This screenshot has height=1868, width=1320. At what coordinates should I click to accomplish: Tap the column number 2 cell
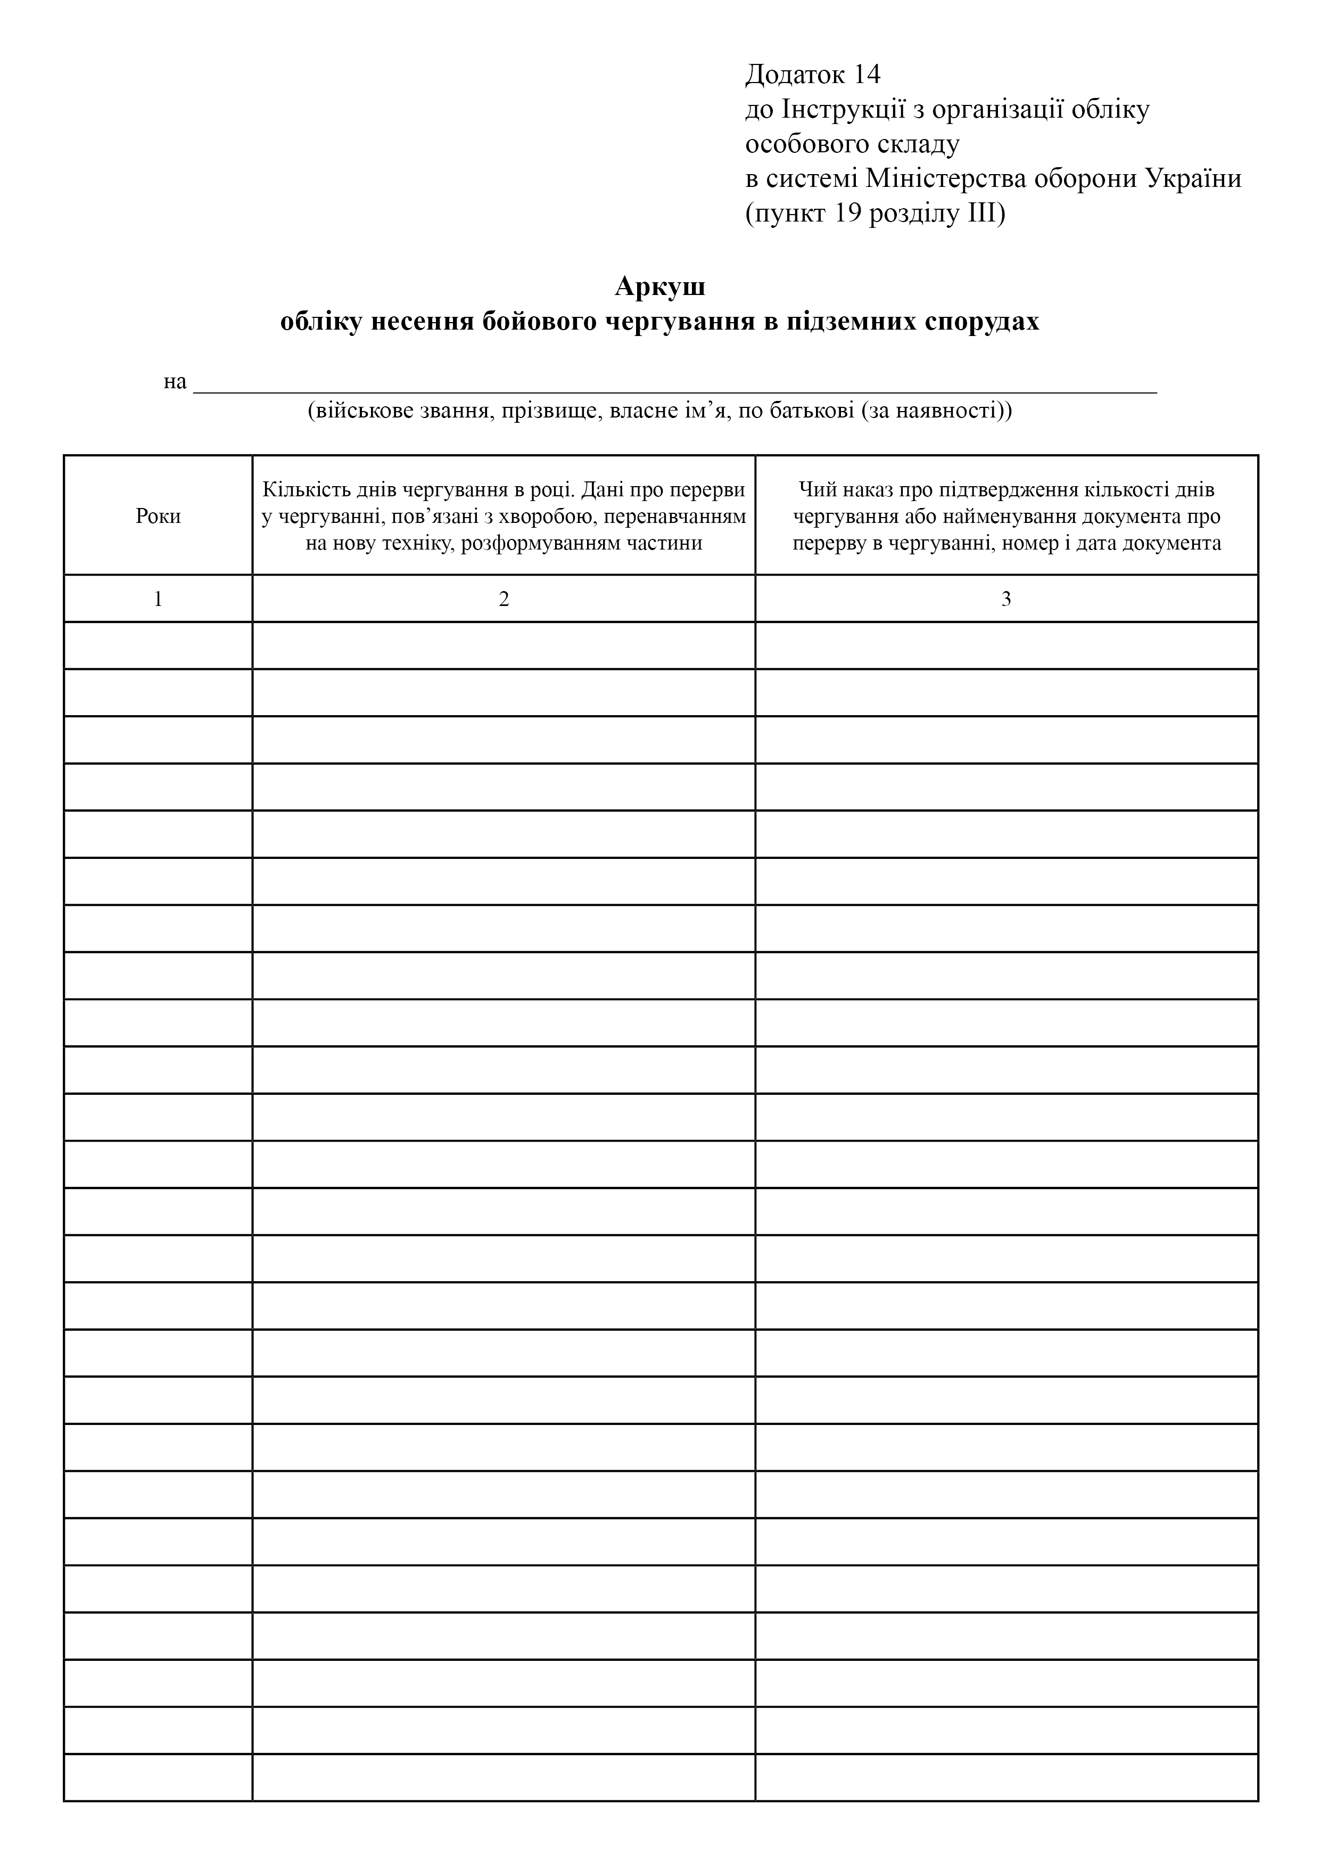[x=504, y=600]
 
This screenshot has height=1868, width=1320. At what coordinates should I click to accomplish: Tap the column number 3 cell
[x=1006, y=600]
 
